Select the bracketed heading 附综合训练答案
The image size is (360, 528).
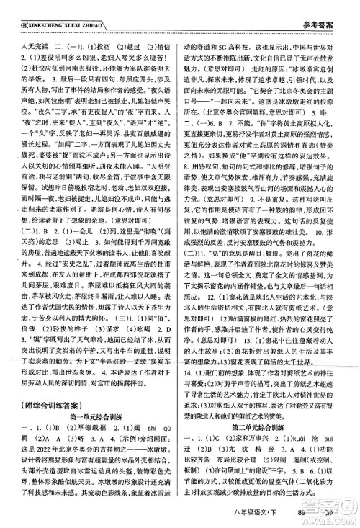pos(53,383)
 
